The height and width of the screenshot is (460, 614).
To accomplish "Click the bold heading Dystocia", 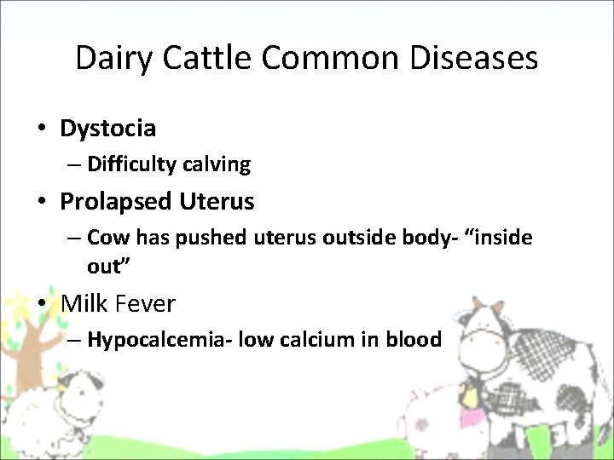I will point(107,129).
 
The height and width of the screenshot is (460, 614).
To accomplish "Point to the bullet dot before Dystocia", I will point(41,129).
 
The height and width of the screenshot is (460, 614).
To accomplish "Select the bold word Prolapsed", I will point(117,202).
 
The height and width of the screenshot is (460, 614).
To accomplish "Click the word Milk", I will point(84,303).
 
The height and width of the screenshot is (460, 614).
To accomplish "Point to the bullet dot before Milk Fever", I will point(41,304).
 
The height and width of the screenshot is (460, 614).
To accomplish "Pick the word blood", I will point(414,340).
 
